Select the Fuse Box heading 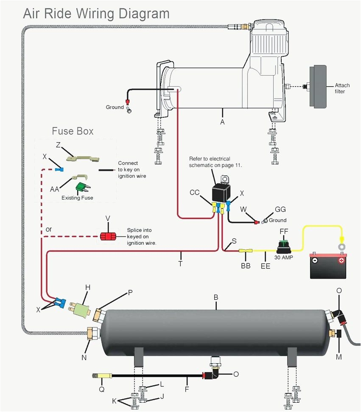pos(73,131)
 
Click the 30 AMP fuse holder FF pos(283,246)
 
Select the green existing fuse pos(81,187)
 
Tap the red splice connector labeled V pos(108,236)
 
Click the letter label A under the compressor pos(222,121)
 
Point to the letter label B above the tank pos(215,298)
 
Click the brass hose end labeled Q pos(102,376)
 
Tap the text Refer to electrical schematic pos(215,162)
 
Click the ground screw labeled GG pos(264,221)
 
